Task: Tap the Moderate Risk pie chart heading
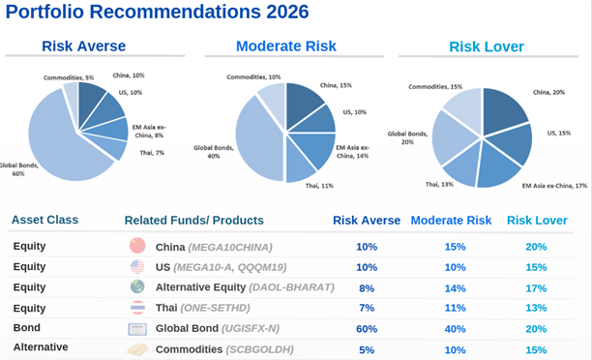(287, 46)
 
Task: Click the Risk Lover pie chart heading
(487, 46)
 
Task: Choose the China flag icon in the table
(136, 247)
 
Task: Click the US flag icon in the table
(136, 267)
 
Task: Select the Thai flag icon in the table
(136, 308)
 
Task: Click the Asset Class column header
(45, 220)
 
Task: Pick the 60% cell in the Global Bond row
(366, 329)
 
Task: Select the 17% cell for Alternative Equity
(536, 287)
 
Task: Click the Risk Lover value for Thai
(536, 308)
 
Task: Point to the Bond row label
(27, 329)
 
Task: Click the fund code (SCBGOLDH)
(266, 349)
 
